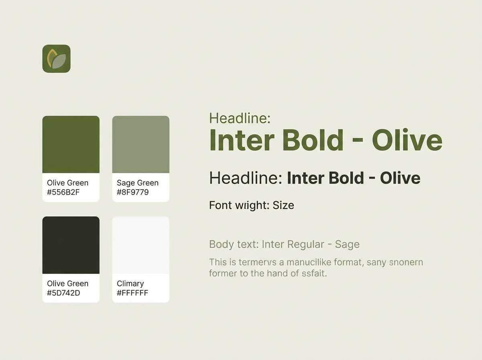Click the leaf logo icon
tap(56, 59)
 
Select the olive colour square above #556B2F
tap(71, 144)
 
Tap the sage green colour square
tap(141, 144)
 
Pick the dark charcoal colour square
tap(71, 245)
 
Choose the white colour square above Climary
tap(141, 245)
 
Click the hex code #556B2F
tap(63, 192)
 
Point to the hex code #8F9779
tap(133, 192)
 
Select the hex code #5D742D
tap(63, 293)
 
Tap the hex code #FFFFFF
tap(133, 293)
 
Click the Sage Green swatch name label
tap(137, 183)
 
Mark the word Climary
tap(130, 284)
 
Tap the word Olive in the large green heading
tap(407, 140)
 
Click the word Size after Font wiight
tap(283, 205)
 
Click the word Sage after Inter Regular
tap(347, 244)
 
